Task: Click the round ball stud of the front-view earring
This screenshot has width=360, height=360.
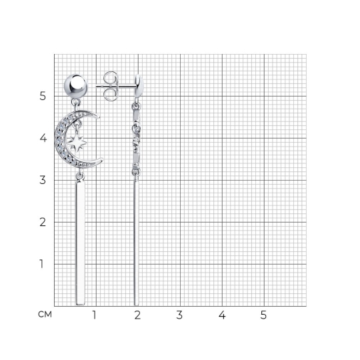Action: pyautogui.click(x=75, y=86)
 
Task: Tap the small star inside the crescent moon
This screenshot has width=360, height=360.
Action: pyautogui.click(x=77, y=143)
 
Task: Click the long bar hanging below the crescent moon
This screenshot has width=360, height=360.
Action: pyautogui.click(x=81, y=243)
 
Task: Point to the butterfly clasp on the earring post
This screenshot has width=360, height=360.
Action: pyautogui.click(x=110, y=86)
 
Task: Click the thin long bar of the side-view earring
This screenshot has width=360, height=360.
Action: pyautogui.click(x=137, y=243)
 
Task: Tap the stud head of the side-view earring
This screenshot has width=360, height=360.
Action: pyautogui.click(x=139, y=86)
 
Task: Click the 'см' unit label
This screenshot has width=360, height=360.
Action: pyautogui.click(x=45, y=314)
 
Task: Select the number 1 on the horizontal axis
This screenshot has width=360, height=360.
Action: pyautogui.click(x=94, y=315)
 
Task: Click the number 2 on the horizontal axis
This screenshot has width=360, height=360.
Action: pyautogui.click(x=137, y=315)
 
